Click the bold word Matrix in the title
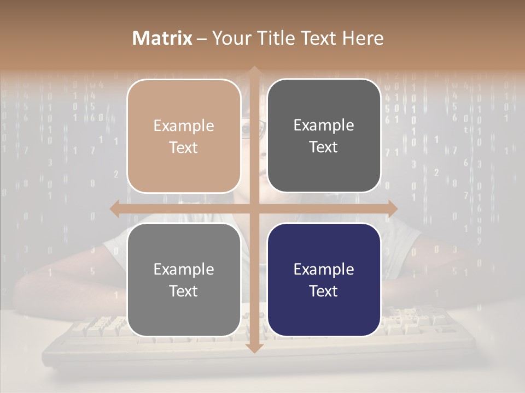pyautogui.click(x=162, y=38)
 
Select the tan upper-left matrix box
pyautogui.click(x=184, y=136)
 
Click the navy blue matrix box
pyautogui.click(x=324, y=279)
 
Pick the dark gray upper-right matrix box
pyautogui.click(x=324, y=136)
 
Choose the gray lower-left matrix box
pyautogui.click(x=184, y=279)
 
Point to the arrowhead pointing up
pyautogui.click(x=254, y=72)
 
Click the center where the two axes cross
pyautogui.click(x=254, y=208)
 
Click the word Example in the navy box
pyautogui.click(x=324, y=269)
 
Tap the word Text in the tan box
pyautogui.click(x=184, y=147)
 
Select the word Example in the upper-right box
pyautogui.click(x=324, y=125)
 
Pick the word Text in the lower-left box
pyautogui.click(x=184, y=291)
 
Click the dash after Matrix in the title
pyautogui.click(x=202, y=39)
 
